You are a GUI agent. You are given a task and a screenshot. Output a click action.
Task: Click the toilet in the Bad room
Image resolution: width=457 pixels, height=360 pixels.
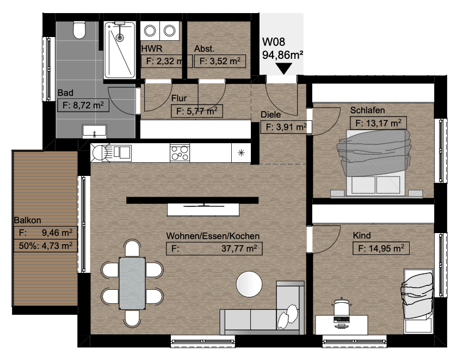79,30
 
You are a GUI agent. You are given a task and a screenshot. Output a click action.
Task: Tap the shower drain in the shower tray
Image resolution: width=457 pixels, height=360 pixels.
120,38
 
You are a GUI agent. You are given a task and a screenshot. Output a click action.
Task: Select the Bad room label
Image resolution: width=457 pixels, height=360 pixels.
65,93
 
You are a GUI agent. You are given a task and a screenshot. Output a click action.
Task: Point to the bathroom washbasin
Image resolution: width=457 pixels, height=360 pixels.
95,131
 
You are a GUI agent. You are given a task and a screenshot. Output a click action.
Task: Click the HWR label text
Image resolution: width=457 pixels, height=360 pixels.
152,48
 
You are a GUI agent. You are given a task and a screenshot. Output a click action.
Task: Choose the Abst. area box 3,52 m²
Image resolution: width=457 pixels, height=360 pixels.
220,61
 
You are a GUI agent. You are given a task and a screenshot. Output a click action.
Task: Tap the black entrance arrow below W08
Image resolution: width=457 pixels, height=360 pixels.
283,69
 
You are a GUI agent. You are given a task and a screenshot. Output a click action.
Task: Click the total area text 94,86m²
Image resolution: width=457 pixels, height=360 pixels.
283,54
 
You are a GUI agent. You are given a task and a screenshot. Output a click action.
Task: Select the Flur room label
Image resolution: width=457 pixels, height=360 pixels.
179,98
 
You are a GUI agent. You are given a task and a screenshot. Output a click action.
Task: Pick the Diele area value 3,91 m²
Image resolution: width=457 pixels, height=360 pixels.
286,127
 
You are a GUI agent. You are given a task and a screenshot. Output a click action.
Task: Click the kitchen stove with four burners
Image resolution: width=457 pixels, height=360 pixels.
180,152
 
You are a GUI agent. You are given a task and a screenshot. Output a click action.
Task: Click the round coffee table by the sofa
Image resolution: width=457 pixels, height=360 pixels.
249,284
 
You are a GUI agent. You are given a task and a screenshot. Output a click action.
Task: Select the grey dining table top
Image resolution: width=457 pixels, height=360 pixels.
132,283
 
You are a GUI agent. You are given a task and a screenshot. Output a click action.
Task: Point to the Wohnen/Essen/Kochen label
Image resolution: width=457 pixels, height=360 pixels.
213,236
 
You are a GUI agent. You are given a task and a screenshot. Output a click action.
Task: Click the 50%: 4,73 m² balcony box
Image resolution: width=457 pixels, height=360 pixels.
46,246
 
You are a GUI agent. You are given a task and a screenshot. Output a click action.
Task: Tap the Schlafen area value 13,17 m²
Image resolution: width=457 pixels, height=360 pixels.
378,123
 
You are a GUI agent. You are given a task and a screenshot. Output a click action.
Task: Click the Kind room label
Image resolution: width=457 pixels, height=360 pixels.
362,235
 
